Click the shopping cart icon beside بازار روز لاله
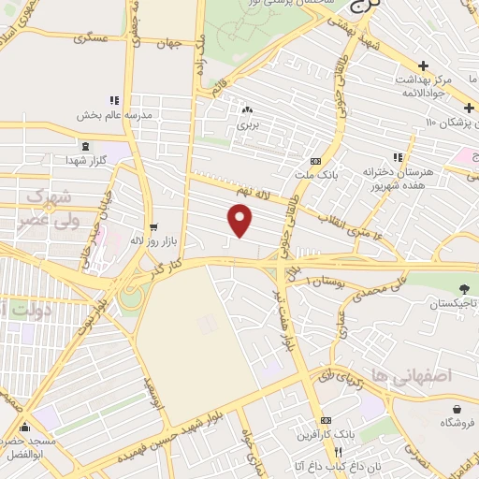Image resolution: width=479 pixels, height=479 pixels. (153, 225)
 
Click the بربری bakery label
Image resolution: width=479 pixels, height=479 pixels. (247, 123)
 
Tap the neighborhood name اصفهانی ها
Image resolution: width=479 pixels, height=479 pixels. (423, 374)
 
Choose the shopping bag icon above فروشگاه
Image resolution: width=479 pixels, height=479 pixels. (457, 410)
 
